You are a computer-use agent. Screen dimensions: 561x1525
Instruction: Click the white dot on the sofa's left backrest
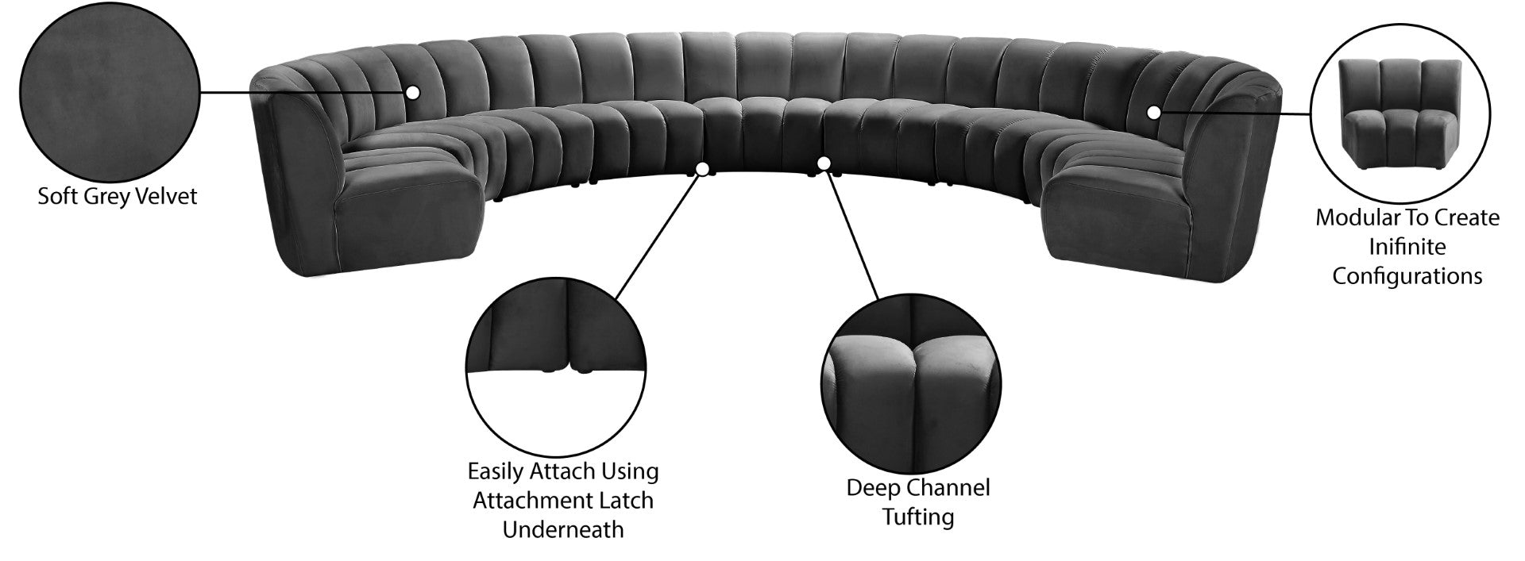coord(412,93)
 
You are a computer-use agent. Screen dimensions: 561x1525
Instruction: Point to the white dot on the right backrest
coord(1153,113)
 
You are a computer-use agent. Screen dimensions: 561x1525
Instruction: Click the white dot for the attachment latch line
coord(702,169)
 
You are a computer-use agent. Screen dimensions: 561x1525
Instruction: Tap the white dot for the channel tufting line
coord(824,164)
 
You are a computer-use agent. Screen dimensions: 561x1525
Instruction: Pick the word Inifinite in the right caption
coord(1407,247)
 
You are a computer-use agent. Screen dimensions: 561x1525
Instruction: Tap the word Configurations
coord(1407,276)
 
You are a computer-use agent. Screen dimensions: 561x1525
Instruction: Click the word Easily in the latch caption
coord(496,471)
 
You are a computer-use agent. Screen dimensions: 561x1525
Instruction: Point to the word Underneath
coord(562,530)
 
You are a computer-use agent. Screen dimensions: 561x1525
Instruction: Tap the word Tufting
coord(917,517)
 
